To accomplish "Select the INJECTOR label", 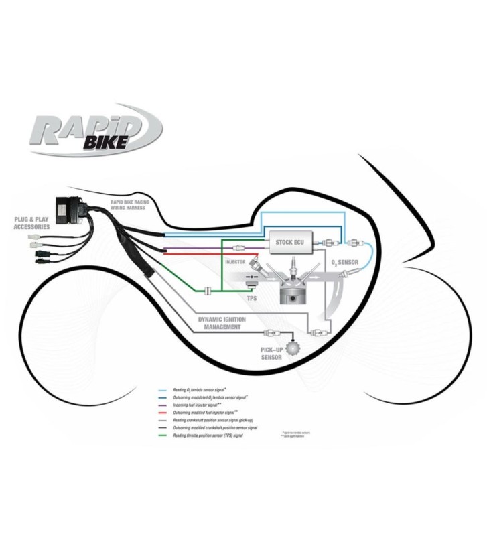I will pyautogui.click(x=236, y=262).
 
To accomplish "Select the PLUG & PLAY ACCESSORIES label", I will pyautogui.click(x=31, y=222).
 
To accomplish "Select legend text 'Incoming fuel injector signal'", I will pyautogui.click(x=205, y=405).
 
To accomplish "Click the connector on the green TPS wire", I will pyautogui.click(x=208, y=291).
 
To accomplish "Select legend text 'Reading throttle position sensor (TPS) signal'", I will pyautogui.click(x=216, y=435).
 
